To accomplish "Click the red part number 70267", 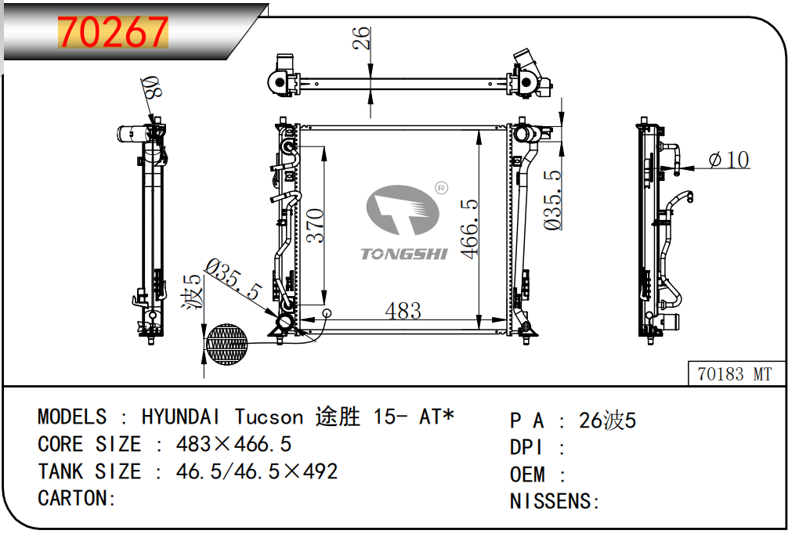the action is [113, 32].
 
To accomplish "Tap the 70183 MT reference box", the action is [736, 374].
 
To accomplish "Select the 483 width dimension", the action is [403, 310].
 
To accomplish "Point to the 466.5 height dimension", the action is [468, 229].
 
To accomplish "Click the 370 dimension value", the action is [315, 226].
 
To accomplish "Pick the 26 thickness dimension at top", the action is [361, 38].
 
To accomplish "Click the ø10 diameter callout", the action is [729, 160].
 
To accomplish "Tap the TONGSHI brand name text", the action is [404, 254].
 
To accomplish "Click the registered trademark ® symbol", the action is [442, 188].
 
